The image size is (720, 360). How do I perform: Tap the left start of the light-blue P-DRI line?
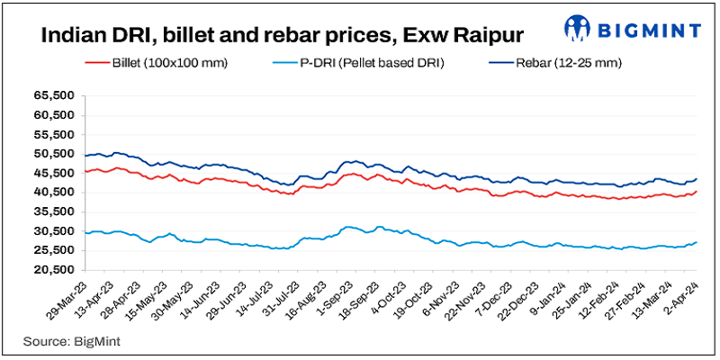coord(85,233)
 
